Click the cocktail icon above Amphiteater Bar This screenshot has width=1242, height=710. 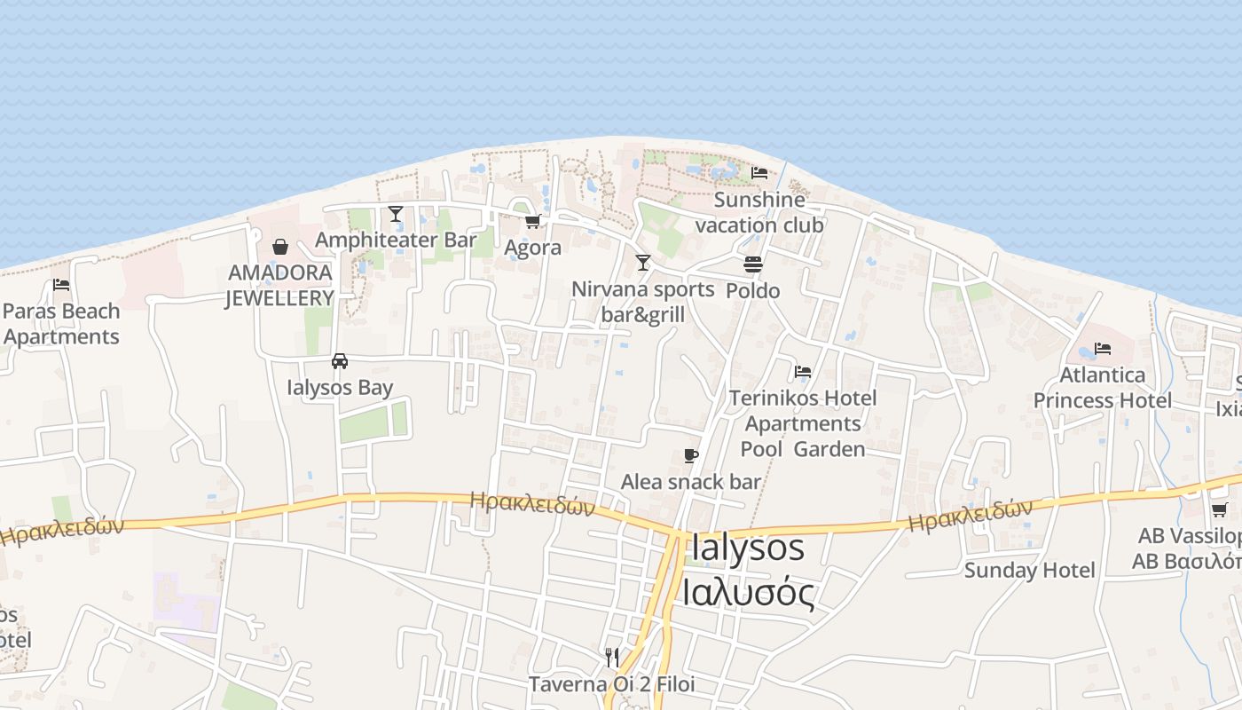pos(396,214)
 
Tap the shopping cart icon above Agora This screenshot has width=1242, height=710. pos(532,221)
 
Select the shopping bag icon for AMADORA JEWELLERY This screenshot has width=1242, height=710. pos(280,246)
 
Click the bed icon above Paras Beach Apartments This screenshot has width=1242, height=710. pos(61,285)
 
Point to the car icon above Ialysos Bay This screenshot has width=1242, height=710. pos(340,361)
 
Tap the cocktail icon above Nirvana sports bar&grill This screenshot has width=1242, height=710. pos(643,263)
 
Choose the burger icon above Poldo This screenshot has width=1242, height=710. pos(753,264)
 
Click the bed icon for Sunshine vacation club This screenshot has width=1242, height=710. pos(759,173)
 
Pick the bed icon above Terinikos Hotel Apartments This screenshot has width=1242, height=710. pos(803,372)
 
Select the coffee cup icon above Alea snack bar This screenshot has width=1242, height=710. pos(691,456)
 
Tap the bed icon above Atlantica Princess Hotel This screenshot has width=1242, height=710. pos(1103,349)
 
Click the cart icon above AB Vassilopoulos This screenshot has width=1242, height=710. pos(1220,510)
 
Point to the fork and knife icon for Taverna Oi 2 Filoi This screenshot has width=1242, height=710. pos(611,658)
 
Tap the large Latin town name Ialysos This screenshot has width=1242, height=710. pos(747,548)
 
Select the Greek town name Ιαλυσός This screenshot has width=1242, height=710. pos(747,592)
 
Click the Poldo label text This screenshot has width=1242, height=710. pos(753,291)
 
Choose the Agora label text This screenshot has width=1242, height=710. pos(532,248)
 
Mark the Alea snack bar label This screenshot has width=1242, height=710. pos(691,482)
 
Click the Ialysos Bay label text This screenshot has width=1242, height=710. pos(340,388)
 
